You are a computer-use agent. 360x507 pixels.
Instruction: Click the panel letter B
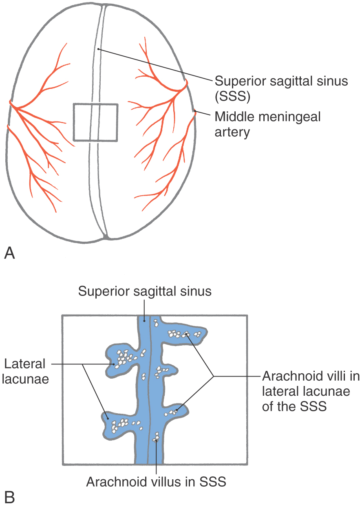(x=9, y=497)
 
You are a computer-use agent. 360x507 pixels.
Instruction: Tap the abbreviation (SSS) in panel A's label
(x=232, y=97)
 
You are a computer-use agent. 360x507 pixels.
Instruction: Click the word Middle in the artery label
(x=234, y=117)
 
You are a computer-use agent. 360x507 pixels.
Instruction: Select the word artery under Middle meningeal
(x=232, y=132)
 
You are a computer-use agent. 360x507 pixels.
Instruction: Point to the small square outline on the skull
(x=73, y=122)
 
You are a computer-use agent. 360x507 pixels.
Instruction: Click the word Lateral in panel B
(x=25, y=432)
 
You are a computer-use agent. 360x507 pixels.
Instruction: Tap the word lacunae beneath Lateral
(x=25, y=447)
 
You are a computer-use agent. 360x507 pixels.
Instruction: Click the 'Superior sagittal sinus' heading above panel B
(x=145, y=291)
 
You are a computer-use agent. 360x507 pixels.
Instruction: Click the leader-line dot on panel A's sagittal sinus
(x=98, y=49)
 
